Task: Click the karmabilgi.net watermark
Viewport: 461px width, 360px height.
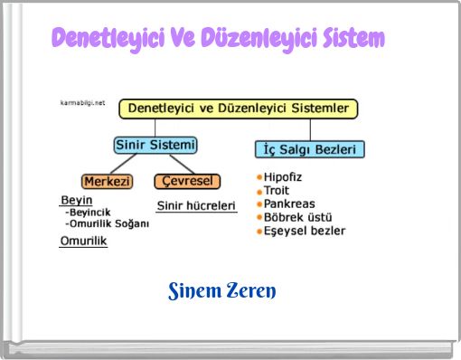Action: pos(82,103)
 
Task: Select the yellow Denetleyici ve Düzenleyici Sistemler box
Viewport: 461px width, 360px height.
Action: pos(239,109)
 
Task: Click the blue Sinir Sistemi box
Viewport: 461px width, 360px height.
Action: pos(155,145)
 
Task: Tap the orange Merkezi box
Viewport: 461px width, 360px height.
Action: pos(108,181)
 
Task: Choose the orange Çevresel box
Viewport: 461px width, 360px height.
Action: pos(187,181)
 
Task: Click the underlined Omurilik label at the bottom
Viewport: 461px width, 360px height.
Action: pos(83,242)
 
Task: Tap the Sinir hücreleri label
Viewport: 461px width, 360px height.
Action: pos(196,205)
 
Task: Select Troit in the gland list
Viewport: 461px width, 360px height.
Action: pos(277,191)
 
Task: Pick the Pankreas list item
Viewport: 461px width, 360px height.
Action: pos(289,204)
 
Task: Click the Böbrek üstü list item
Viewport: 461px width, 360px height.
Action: pos(297,217)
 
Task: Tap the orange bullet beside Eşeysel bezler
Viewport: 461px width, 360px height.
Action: pos(259,231)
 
